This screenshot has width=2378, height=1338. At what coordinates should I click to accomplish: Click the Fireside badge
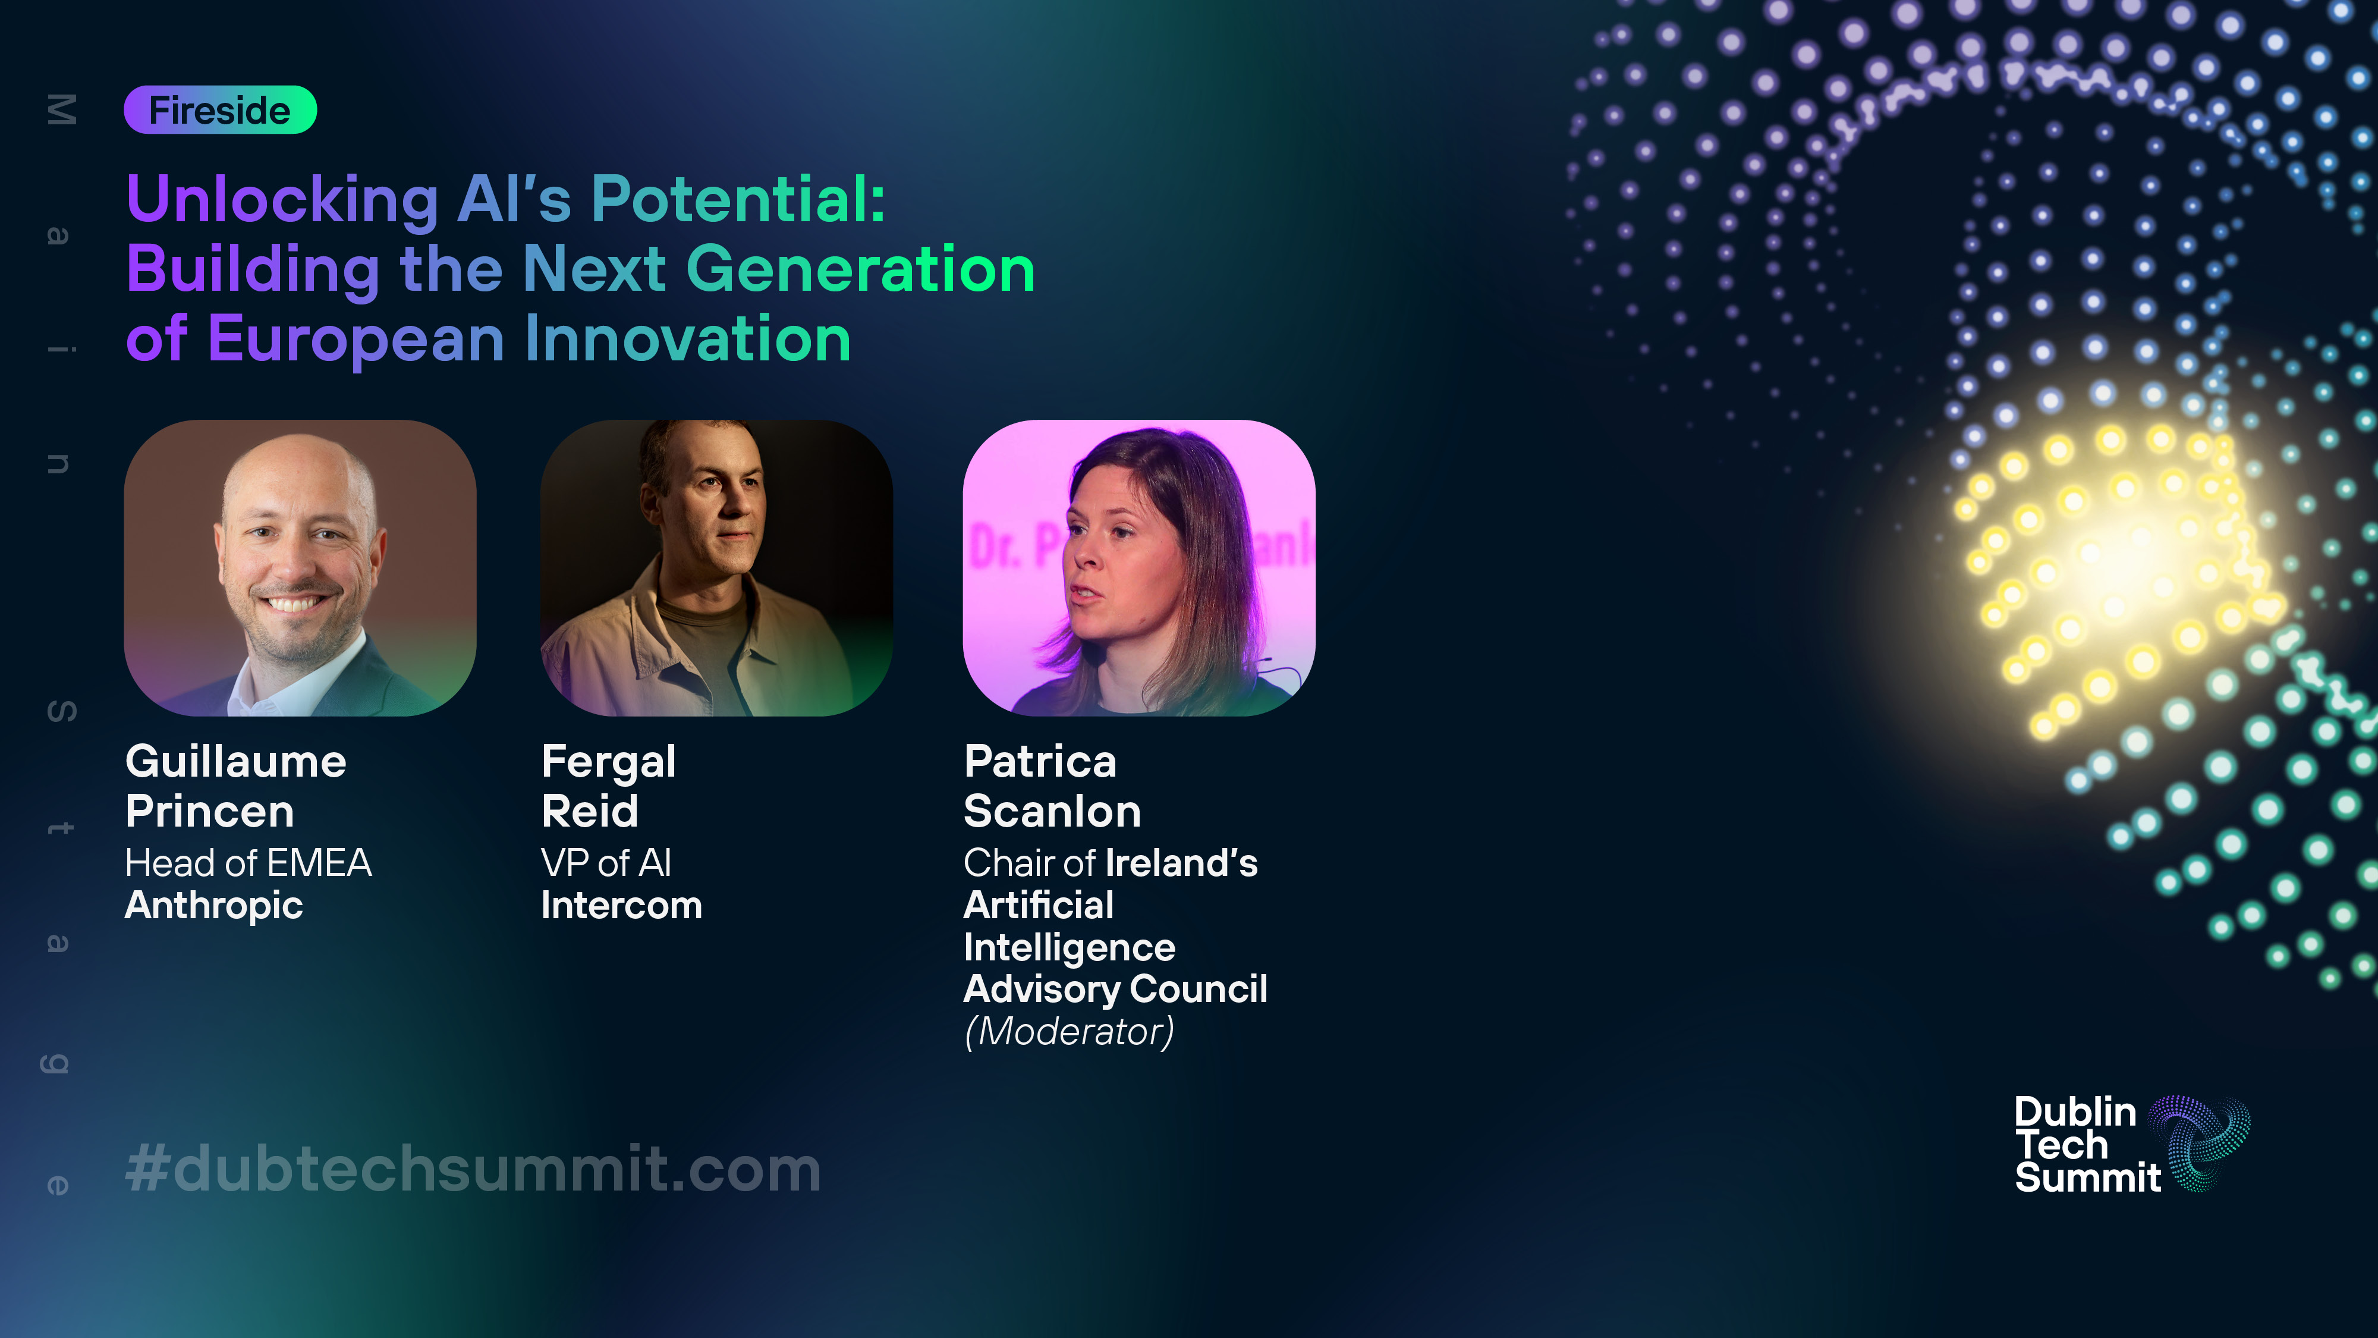pos(221,110)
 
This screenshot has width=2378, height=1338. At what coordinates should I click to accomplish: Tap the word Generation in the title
pos(860,269)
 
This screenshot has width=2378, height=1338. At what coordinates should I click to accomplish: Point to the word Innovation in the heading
pos(688,339)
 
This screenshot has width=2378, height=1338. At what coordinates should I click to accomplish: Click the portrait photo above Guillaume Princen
pos(300,568)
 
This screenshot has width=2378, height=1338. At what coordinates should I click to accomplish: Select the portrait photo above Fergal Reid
pos(716,568)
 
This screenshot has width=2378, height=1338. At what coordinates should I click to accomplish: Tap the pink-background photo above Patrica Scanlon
pos(1139,568)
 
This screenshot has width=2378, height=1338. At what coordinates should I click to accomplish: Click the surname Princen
pos(209,812)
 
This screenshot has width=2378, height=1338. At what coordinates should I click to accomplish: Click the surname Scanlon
pos(1052,812)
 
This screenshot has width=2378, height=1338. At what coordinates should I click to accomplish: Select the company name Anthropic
pos(214,906)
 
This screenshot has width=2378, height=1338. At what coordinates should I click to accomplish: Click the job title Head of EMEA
pos(249,863)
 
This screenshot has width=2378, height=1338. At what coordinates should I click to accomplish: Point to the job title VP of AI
pos(606,863)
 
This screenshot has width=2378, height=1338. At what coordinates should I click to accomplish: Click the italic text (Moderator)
pos(1069,1031)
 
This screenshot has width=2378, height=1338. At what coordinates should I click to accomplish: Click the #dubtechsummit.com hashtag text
pos(473,1169)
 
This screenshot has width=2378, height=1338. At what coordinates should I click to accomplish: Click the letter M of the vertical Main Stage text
pos(61,110)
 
